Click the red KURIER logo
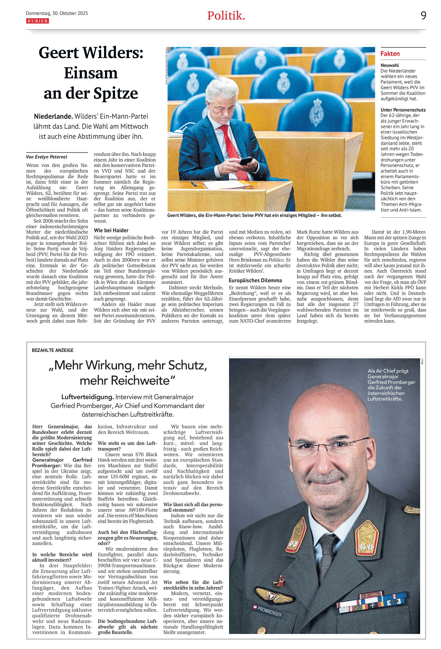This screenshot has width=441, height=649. (x=37, y=21)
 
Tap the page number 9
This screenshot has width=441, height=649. (x=423, y=16)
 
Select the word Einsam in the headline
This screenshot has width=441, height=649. (x=91, y=73)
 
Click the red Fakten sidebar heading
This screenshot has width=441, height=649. (x=390, y=54)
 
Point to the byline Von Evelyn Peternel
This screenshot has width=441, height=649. (x=47, y=157)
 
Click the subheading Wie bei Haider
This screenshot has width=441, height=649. (x=111, y=230)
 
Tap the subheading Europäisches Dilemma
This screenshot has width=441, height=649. (x=255, y=280)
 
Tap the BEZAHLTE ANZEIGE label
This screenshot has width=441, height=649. (x=53, y=350)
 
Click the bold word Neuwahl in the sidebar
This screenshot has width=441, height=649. (x=390, y=65)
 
